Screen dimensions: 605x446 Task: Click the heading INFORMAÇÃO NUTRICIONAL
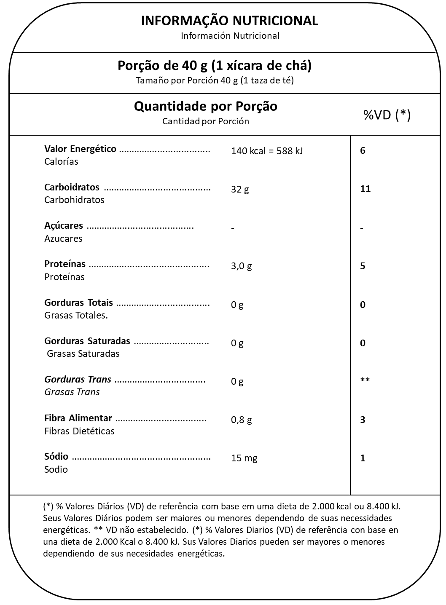229,21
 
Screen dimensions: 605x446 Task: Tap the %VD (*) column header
387,115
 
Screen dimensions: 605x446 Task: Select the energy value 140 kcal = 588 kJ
266,151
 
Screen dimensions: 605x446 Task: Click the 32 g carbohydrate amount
239,189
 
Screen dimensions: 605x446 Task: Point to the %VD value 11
365,189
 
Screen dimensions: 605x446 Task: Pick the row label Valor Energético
80,149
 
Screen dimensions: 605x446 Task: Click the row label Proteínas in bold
64,264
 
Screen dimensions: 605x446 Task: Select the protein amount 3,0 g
241,266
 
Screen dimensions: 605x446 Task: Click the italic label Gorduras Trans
78,379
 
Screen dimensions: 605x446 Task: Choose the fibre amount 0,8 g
241,420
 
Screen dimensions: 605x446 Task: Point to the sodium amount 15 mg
244,458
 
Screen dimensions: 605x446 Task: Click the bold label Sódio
56,456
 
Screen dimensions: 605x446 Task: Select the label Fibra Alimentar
78,418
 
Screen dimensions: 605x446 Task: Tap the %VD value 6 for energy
363,150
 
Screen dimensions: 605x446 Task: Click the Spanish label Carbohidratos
74,200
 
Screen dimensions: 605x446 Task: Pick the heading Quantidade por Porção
205,106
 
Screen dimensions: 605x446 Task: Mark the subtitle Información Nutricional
230,36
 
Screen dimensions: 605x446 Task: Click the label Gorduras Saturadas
87,341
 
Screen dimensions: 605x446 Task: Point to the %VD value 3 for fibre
363,420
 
